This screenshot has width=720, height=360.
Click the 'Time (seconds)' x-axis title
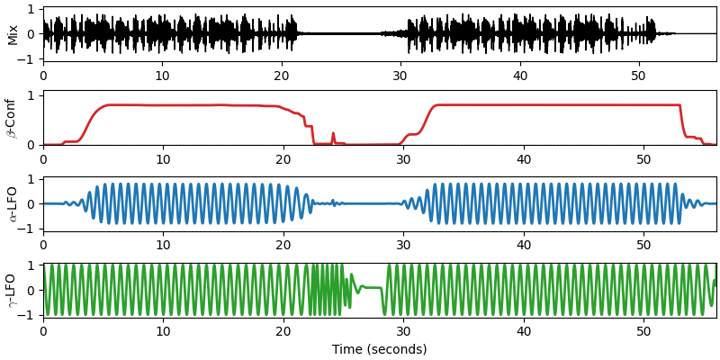coord(379,349)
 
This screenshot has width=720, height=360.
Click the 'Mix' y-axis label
coord(13,34)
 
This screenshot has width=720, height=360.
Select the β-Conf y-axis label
coord(13,118)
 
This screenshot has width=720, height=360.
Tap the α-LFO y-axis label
coord(13,204)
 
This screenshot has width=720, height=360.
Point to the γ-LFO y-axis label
coord(13,290)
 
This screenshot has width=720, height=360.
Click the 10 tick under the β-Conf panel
coord(163,159)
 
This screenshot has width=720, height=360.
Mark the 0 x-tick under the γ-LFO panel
coord(43,331)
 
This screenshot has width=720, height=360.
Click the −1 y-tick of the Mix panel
coord(30,59)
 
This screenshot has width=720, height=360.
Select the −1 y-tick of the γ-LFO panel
coord(30,315)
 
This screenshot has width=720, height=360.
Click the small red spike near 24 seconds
coord(333,134)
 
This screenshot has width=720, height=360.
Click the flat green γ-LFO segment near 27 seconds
coord(371,288)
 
